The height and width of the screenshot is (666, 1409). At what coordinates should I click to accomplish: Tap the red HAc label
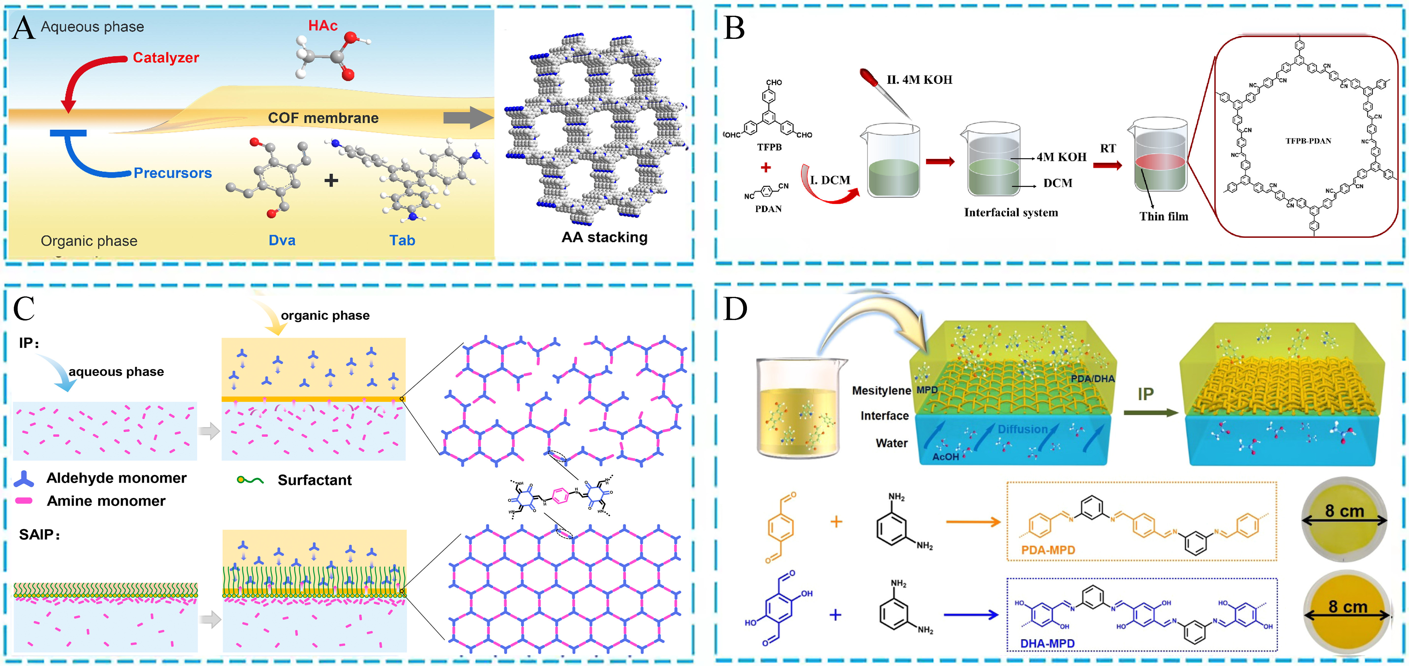point(323,26)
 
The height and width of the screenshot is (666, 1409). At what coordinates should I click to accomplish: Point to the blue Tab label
point(402,241)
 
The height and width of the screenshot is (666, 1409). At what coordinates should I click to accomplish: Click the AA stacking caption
point(604,237)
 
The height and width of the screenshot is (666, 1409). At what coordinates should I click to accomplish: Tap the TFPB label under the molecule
point(769,147)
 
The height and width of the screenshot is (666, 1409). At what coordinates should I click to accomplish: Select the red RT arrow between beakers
point(1107,165)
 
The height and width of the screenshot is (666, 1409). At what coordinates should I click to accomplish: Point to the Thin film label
point(1164,217)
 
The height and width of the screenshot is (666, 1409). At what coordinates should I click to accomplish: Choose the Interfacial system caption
point(1011,213)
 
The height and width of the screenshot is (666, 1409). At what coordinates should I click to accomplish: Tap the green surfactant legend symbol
point(250,480)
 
